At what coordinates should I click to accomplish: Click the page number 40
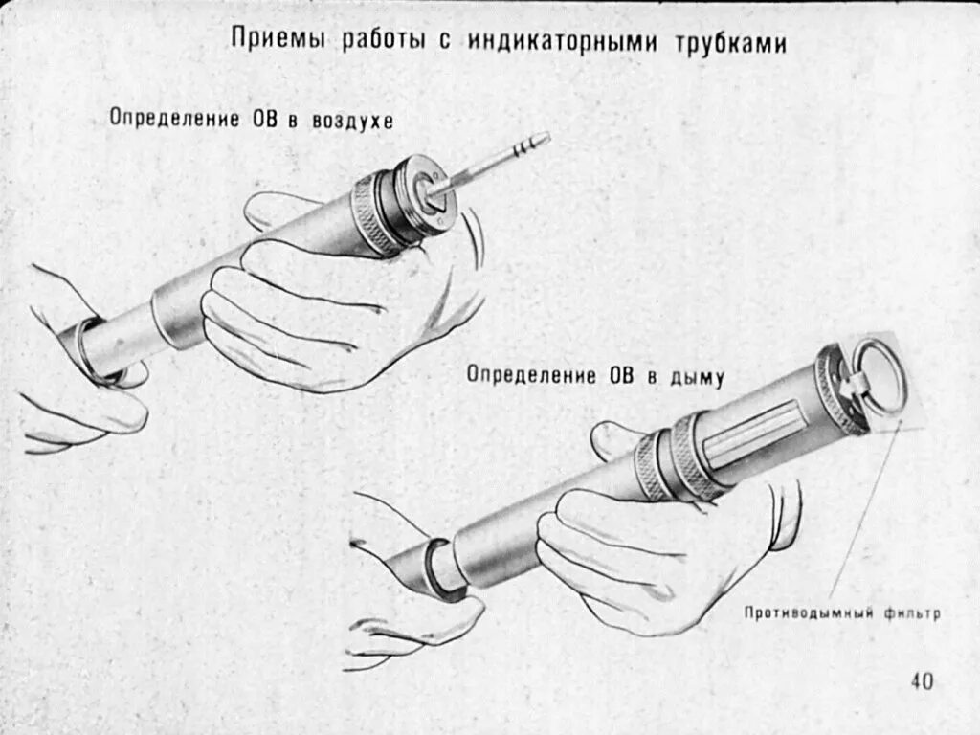922,680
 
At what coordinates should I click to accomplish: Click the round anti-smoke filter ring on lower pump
878,376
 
